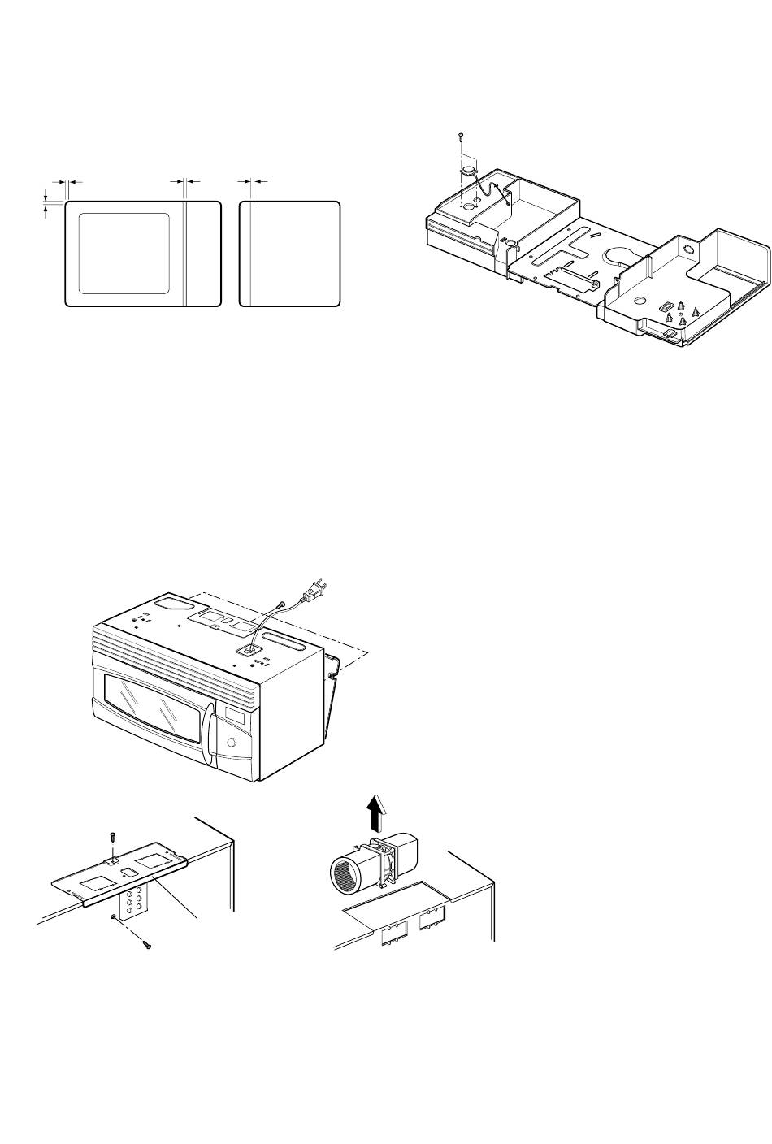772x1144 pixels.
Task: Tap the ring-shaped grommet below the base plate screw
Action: [467, 170]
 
